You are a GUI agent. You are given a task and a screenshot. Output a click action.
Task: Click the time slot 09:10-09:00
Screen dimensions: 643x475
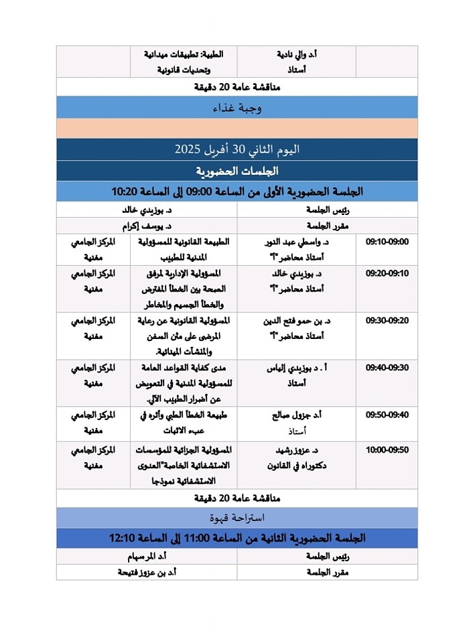(x=387, y=242)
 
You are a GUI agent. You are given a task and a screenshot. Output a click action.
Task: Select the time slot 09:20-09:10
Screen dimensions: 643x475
(x=387, y=273)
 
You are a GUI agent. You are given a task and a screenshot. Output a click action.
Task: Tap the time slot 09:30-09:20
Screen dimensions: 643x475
(x=387, y=321)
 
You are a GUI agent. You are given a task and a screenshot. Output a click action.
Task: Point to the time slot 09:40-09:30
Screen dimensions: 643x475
(x=387, y=368)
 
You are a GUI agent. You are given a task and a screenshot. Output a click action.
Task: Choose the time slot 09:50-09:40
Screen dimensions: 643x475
(x=387, y=415)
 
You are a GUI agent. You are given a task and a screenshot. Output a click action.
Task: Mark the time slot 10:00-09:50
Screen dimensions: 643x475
(x=387, y=450)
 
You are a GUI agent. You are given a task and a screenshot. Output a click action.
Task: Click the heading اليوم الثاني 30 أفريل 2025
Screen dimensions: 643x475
(x=237, y=149)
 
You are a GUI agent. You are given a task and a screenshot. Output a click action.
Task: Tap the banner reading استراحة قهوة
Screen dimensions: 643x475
(x=237, y=518)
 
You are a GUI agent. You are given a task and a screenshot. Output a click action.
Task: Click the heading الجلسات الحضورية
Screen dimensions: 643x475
(x=237, y=171)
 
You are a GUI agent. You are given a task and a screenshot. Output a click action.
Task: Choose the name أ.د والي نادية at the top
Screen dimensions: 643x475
(x=297, y=54)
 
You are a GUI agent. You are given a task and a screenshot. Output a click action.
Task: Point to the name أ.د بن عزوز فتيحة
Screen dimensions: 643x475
(x=149, y=572)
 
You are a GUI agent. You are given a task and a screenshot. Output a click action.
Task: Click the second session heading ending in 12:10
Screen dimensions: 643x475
(x=237, y=538)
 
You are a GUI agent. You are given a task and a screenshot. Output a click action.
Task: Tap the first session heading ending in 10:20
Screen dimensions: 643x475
(x=237, y=192)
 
